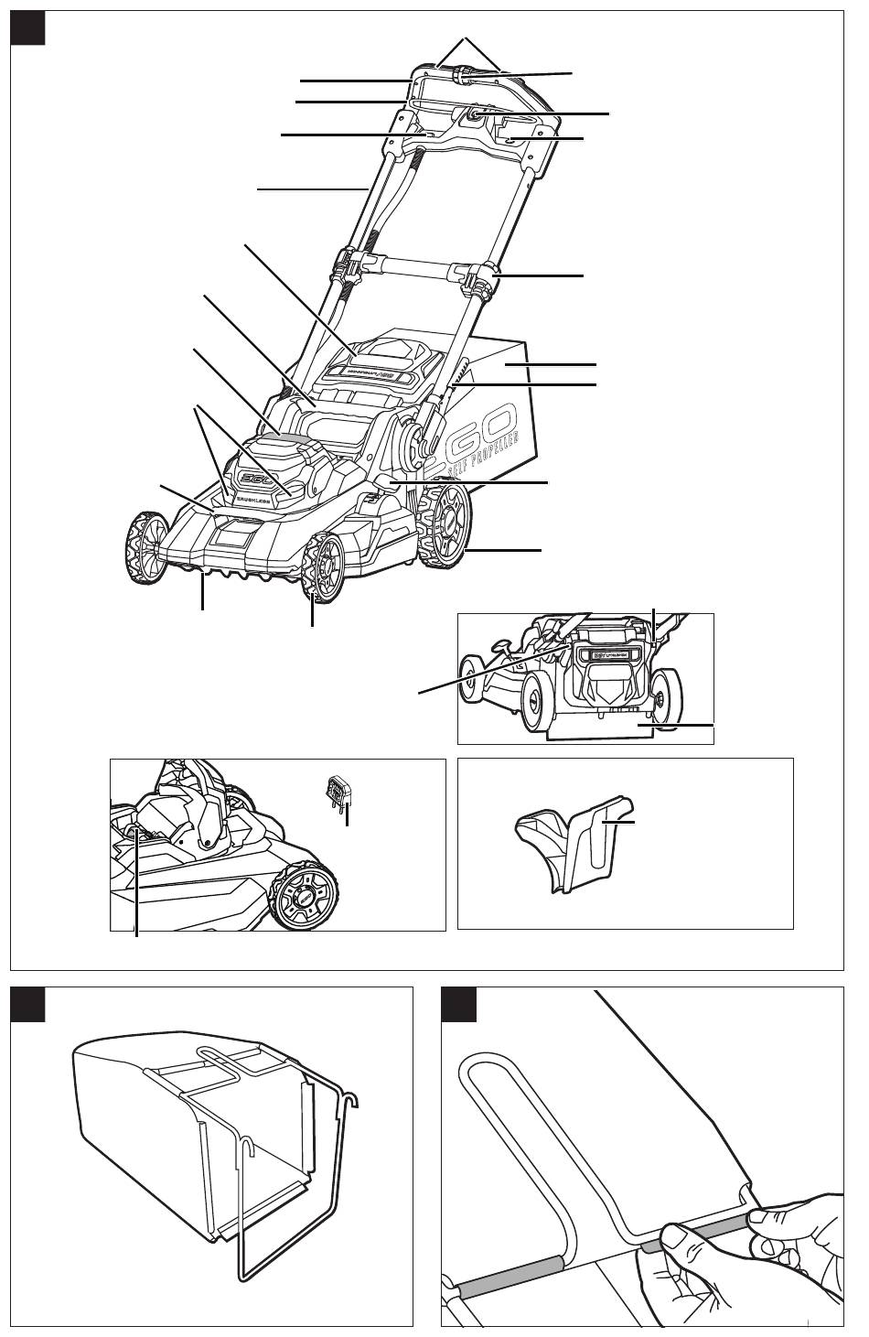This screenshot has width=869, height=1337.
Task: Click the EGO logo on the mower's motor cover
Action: click(x=251, y=479)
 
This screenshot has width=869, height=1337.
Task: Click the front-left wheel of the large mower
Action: click(x=142, y=545)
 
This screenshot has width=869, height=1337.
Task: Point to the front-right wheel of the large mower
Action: click(x=321, y=562)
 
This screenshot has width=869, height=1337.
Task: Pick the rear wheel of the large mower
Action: click(x=446, y=528)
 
